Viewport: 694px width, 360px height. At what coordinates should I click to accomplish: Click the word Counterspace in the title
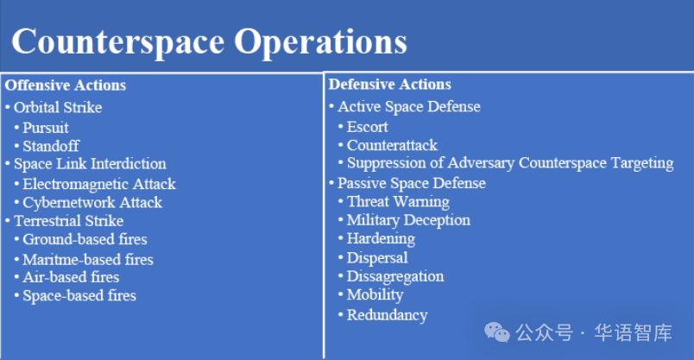coord(118,42)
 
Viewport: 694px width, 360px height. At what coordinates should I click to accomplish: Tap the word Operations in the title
coord(320,42)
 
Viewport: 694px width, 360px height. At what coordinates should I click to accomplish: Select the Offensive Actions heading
coord(66,85)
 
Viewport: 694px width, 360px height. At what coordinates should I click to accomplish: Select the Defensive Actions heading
coord(389,84)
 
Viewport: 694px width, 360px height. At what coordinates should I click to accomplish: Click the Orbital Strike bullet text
coord(58,107)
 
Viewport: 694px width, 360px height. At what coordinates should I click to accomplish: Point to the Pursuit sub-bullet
coord(46,128)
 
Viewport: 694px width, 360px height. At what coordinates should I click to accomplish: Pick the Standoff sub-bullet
coord(51,146)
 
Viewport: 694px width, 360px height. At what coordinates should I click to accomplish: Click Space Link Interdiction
coord(90,164)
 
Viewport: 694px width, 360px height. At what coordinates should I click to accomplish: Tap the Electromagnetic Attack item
coord(99,184)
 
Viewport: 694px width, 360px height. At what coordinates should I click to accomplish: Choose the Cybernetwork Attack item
coord(92,202)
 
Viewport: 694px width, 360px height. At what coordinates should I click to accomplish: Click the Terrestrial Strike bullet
coord(68,220)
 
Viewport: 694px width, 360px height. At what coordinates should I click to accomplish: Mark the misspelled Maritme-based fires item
coord(88,259)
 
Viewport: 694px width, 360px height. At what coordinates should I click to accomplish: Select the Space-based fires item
coord(79,296)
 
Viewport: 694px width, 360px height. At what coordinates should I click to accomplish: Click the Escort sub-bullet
coord(368,127)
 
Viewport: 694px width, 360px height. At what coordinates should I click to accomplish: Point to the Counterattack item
coord(392,145)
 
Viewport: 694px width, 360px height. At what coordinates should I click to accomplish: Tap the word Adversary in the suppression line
coord(481,163)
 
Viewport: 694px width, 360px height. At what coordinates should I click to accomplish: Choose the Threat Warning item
coord(398,201)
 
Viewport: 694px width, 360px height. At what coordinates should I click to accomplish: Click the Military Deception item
coord(408,220)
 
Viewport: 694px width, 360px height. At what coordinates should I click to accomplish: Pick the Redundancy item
coord(388,315)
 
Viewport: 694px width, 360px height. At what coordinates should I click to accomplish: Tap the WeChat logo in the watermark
coord(497,332)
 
